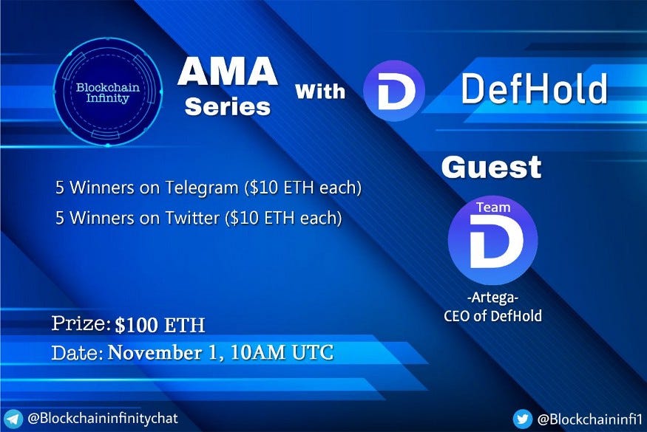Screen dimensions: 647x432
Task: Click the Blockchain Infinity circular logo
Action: tap(108, 92)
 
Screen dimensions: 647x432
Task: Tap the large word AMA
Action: tap(228, 72)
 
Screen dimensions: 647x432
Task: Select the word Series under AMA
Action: tap(228, 107)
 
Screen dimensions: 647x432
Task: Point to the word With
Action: tap(320, 91)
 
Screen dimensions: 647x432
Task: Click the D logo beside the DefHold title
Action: tap(394, 91)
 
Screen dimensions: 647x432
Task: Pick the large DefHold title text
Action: tap(535, 89)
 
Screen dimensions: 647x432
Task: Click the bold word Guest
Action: tap(491, 167)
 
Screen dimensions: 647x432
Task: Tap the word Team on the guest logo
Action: tap(493, 208)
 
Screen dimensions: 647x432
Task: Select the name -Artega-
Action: tap(492, 297)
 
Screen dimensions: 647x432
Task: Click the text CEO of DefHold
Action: tap(492, 316)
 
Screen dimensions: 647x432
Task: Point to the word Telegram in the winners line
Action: tap(202, 188)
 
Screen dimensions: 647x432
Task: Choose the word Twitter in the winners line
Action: tap(192, 218)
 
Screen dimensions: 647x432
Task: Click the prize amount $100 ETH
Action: tap(160, 325)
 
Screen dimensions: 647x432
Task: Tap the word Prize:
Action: tap(81, 324)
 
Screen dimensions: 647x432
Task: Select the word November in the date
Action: tap(155, 353)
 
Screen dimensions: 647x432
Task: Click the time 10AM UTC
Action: tap(282, 353)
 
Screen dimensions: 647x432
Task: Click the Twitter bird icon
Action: tap(522, 419)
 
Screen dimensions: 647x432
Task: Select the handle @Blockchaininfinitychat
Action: tap(103, 419)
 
